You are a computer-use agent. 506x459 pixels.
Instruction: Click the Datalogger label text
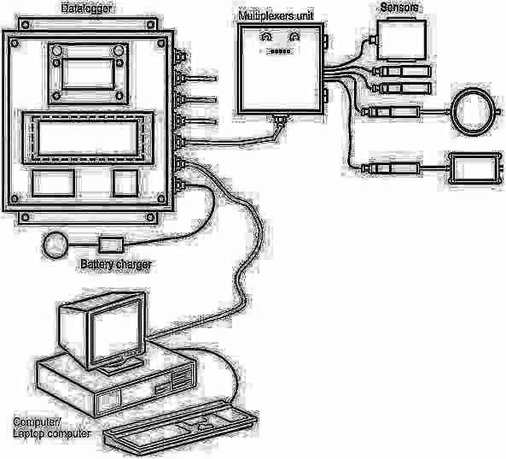click(x=86, y=9)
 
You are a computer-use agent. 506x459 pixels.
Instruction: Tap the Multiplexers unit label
click(x=276, y=16)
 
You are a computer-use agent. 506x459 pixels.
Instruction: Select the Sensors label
click(x=398, y=8)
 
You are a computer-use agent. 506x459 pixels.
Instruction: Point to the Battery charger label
click(x=116, y=264)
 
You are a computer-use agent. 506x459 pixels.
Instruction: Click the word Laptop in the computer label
click(x=27, y=434)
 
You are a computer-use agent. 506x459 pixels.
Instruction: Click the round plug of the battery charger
click(x=55, y=245)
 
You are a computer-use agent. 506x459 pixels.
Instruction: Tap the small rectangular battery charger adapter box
click(x=111, y=244)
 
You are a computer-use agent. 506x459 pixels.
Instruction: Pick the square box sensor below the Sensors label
click(x=402, y=40)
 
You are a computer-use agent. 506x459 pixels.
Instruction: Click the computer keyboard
click(x=180, y=427)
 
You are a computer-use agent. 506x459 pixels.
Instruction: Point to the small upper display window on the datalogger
click(x=88, y=74)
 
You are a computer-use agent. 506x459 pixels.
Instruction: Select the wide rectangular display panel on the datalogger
click(x=87, y=138)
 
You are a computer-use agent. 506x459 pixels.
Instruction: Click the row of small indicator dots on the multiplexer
click(x=280, y=51)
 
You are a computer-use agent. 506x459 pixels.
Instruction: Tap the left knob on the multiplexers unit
click(x=266, y=37)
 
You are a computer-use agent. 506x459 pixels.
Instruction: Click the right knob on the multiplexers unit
click(x=294, y=37)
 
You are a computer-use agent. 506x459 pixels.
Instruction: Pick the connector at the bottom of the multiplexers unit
click(x=280, y=119)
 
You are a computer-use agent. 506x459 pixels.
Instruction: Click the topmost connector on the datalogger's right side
click(x=180, y=56)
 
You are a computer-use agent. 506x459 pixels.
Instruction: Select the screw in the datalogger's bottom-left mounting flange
click(x=26, y=217)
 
